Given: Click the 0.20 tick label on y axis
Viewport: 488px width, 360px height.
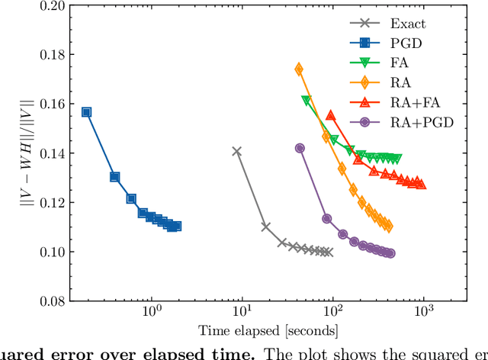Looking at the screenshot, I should pos(52,6).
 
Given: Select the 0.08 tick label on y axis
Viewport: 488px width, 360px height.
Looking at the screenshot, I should pos(52,301).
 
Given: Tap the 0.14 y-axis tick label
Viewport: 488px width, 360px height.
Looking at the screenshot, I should pos(52,153).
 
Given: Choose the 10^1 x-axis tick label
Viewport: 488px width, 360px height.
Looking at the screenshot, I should pos(242,314).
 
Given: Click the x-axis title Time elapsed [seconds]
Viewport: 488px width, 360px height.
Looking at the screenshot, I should pos(268,331).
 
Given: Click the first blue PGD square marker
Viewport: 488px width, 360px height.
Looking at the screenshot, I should pos(86,112).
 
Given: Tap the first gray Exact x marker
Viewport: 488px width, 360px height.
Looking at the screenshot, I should pos(236,151).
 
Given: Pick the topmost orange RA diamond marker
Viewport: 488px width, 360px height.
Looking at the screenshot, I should pos(299,69).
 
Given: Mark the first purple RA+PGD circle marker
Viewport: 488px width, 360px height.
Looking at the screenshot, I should pos(300,148).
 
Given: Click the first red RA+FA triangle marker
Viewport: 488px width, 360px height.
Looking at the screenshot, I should pos(331,115).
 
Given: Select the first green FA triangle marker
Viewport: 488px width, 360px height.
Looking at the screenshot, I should pos(307,101).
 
